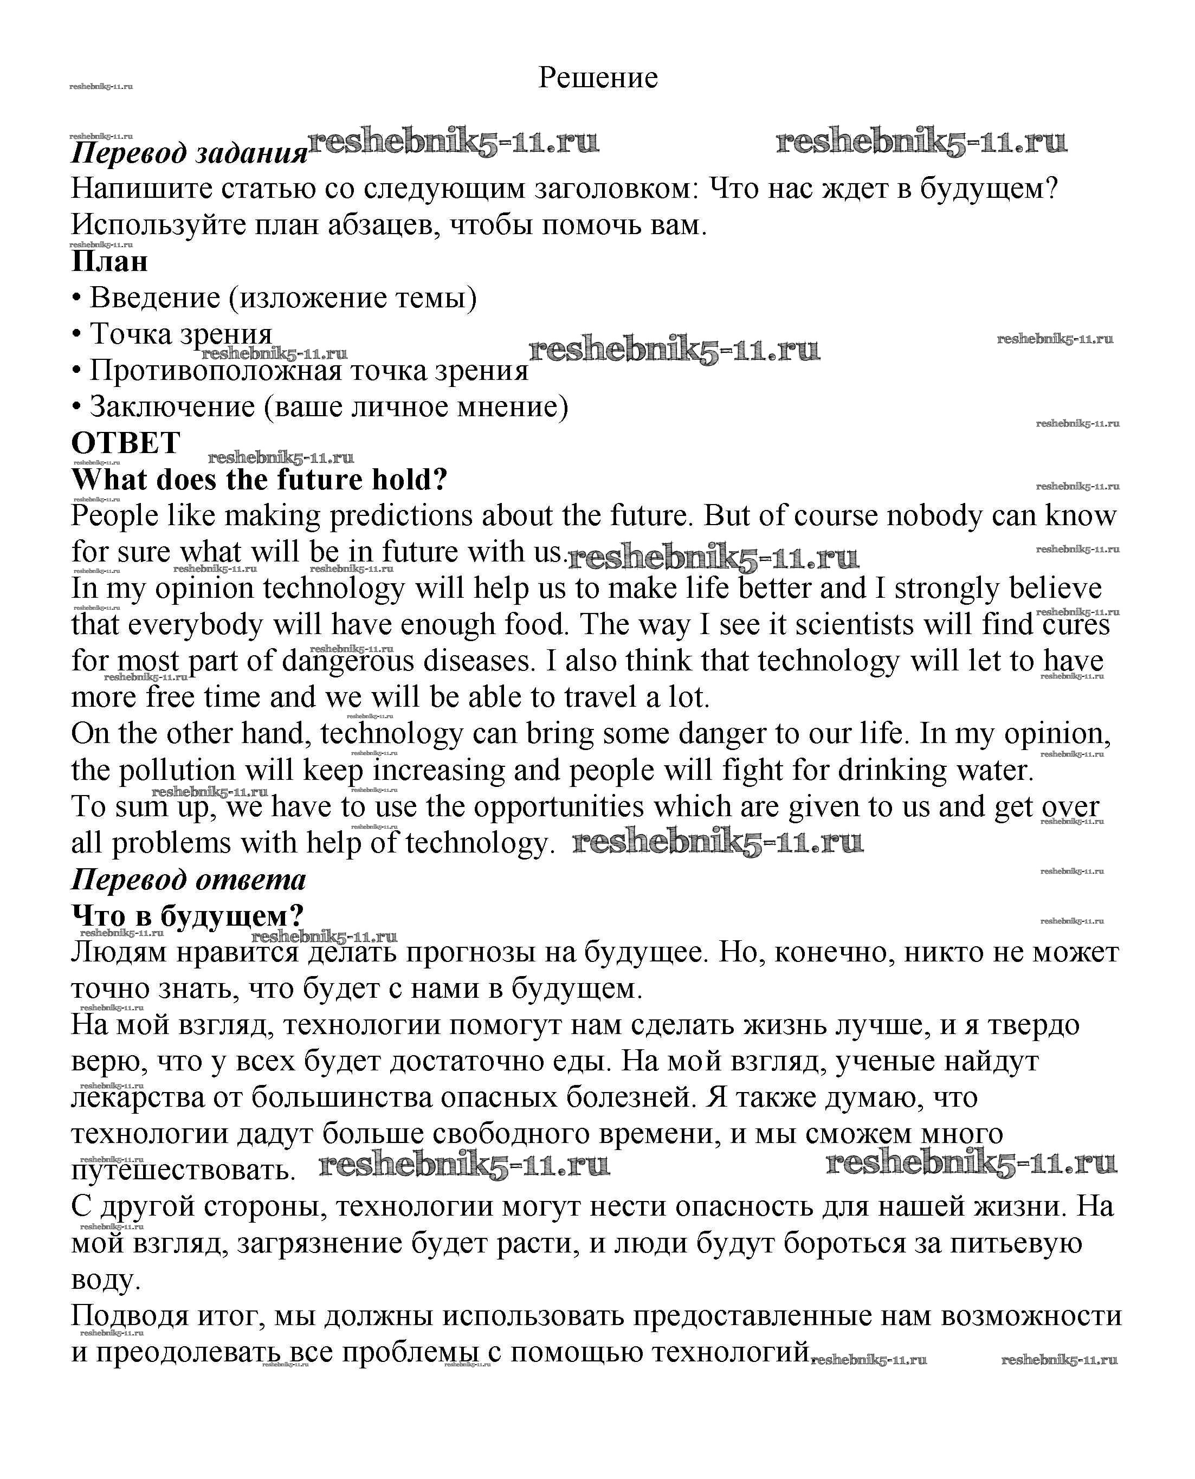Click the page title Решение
597,77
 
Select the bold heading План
109,262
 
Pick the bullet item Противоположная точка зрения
308,371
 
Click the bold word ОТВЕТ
126,443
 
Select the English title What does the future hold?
260,480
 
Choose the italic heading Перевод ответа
189,880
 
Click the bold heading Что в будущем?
187,916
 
